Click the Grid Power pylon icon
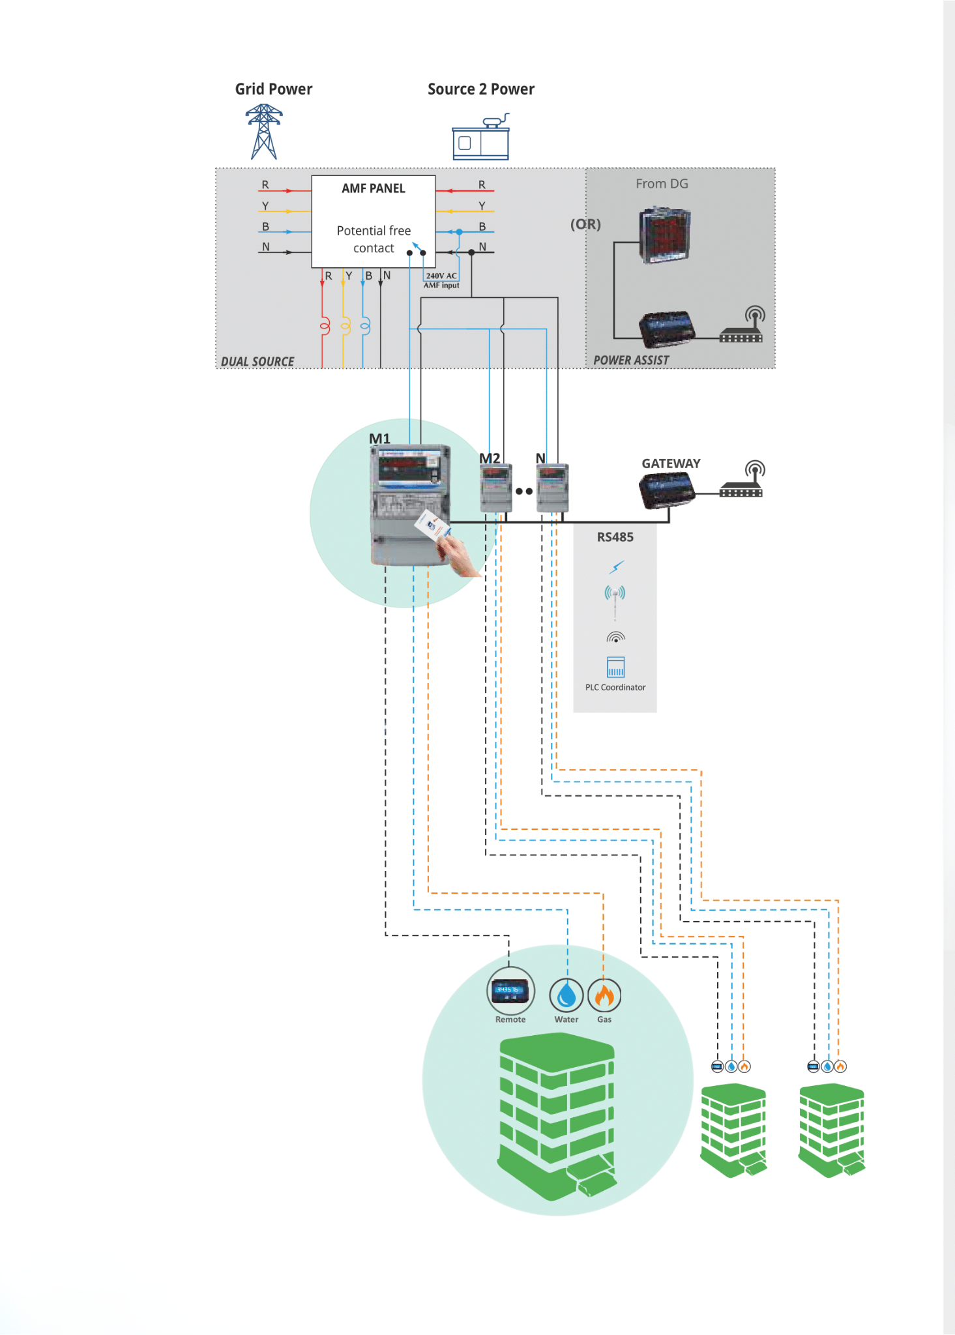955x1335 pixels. pyautogui.click(x=264, y=132)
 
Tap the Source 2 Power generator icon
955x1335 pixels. pyautogui.click(x=481, y=138)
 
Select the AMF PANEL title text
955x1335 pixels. pyautogui.click(x=374, y=188)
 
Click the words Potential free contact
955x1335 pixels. pyautogui.click(x=374, y=239)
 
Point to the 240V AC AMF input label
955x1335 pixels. pyautogui.click(x=441, y=280)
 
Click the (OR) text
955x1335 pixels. pyautogui.click(x=585, y=224)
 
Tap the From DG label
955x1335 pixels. pyautogui.click(x=662, y=184)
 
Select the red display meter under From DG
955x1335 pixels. pyautogui.click(x=665, y=235)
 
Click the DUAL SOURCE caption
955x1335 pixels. pyautogui.click(x=257, y=362)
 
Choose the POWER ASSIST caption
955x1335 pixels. pyautogui.click(x=631, y=360)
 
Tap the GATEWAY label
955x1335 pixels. pyautogui.click(x=671, y=463)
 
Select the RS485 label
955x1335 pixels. pyautogui.click(x=615, y=537)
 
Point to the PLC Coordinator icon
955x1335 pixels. pyautogui.click(x=615, y=667)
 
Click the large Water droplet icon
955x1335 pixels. pyautogui.click(x=566, y=995)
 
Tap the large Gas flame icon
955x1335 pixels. pyautogui.click(x=604, y=995)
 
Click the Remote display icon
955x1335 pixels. pyautogui.click(x=510, y=991)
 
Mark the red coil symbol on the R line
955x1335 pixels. pyautogui.click(x=324, y=325)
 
